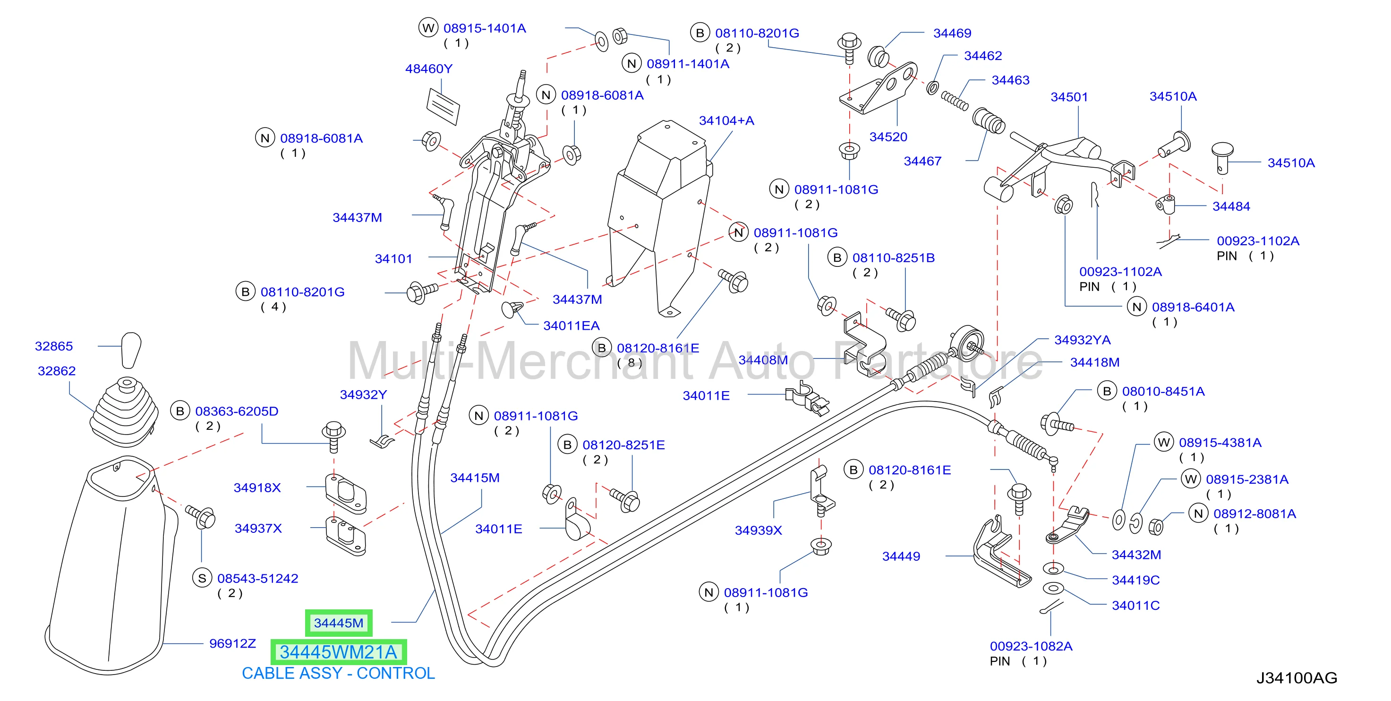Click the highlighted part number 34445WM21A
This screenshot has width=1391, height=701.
click(339, 652)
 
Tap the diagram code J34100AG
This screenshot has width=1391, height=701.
click(1297, 678)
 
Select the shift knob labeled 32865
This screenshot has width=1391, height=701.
click(131, 350)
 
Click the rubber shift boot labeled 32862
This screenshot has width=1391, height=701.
click(125, 412)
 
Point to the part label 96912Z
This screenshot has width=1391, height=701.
click(232, 643)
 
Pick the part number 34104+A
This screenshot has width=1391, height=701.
click(726, 120)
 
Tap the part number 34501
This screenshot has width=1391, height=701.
click(1069, 97)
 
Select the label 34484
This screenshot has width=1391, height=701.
click(1231, 206)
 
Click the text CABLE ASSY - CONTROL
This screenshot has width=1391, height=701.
click(338, 674)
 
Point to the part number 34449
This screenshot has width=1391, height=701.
click(901, 556)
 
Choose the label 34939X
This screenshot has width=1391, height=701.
click(758, 530)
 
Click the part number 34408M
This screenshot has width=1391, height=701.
click(763, 360)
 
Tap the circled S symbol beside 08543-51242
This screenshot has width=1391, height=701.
click(202, 578)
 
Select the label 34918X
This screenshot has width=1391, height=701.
click(257, 487)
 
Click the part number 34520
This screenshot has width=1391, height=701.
click(888, 137)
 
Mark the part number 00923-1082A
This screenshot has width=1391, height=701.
click(1031, 647)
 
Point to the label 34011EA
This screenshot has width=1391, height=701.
click(572, 325)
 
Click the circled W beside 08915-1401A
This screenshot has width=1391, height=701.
click(428, 28)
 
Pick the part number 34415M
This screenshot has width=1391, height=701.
click(475, 478)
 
